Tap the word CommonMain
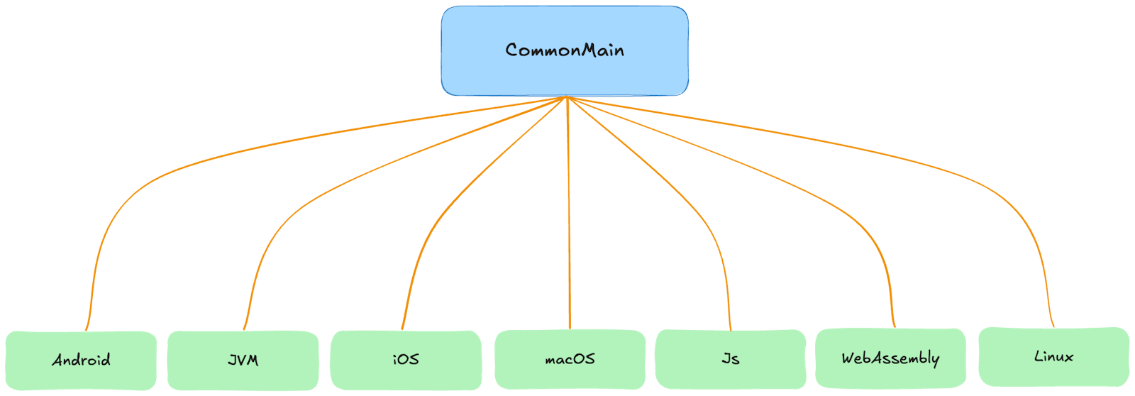tap(565, 50)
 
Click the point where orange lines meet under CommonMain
tap(567, 98)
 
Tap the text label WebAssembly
tap(890, 358)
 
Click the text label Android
tap(81, 360)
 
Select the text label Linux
tap(1053, 356)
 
